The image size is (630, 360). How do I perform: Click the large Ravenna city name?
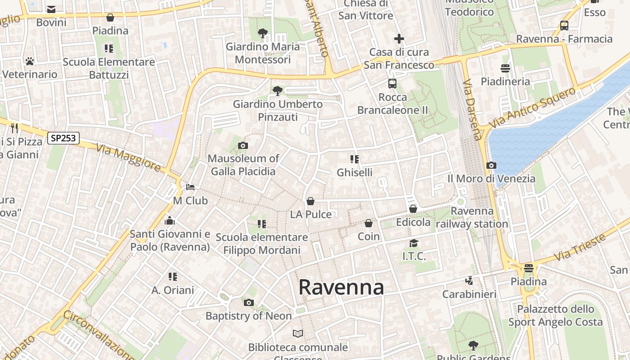(x=341, y=287)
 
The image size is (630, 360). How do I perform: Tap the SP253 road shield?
(x=63, y=138)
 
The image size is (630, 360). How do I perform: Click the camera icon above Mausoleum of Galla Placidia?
(x=243, y=145)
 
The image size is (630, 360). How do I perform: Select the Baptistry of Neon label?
(x=248, y=316)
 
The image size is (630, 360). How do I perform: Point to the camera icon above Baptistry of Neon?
(x=249, y=302)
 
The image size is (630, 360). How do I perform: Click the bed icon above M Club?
(x=190, y=187)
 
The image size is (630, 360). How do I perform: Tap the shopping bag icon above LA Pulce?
(x=310, y=201)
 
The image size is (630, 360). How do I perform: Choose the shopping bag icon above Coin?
(x=369, y=223)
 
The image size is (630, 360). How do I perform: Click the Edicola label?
(x=413, y=222)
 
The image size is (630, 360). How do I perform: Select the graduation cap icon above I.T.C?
(x=414, y=243)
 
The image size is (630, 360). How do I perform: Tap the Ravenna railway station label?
(x=472, y=217)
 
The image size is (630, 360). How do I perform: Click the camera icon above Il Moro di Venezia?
(x=491, y=166)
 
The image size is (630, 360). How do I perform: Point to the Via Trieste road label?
(x=580, y=247)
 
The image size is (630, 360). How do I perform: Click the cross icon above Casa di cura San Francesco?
(x=399, y=39)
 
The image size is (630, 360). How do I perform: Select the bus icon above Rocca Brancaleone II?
(x=392, y=84)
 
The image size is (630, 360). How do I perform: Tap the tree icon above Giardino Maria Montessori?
(x=263, y=33)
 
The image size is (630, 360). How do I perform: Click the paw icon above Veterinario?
(x=30, y=61)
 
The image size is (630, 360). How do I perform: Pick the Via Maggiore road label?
(x=128, y=158)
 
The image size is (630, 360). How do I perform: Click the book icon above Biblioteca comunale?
(x=298, y=334)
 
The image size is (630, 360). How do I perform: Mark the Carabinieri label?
(x=469, y=294)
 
